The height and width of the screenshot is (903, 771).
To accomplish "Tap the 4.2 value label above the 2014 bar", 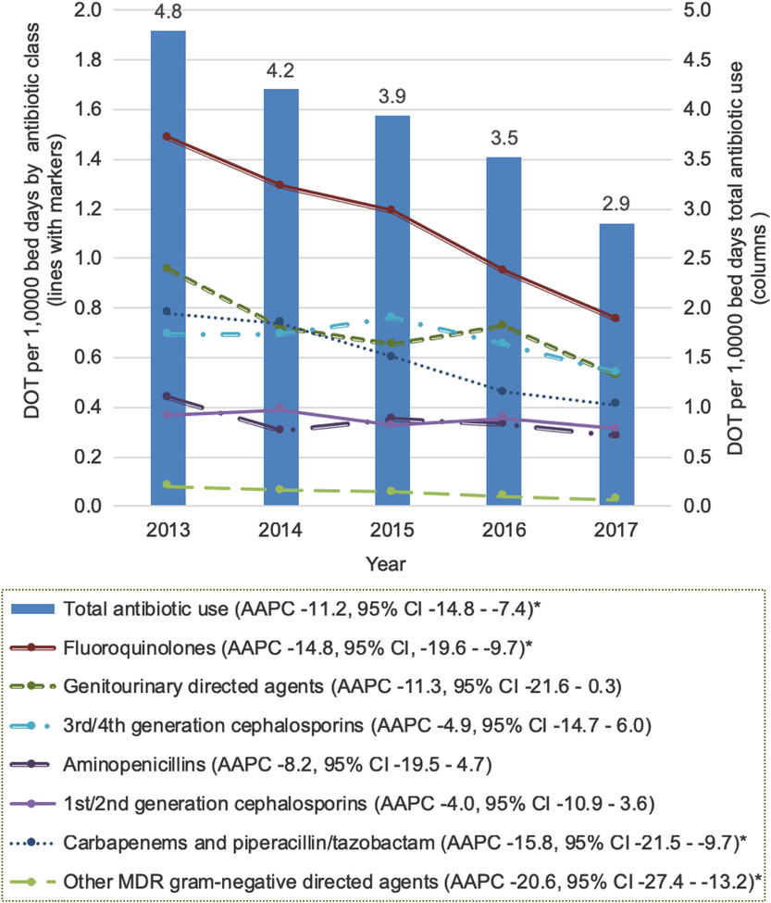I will [x=280, y=70].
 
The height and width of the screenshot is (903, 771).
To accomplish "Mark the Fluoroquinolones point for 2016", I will [x=504, y=270].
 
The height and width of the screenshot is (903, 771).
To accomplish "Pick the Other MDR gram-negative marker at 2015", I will [x=392, y=491].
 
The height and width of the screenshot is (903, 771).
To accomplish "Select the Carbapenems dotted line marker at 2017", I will [x=616, y=403].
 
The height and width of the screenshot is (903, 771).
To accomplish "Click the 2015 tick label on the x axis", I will [x=392, y=531].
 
